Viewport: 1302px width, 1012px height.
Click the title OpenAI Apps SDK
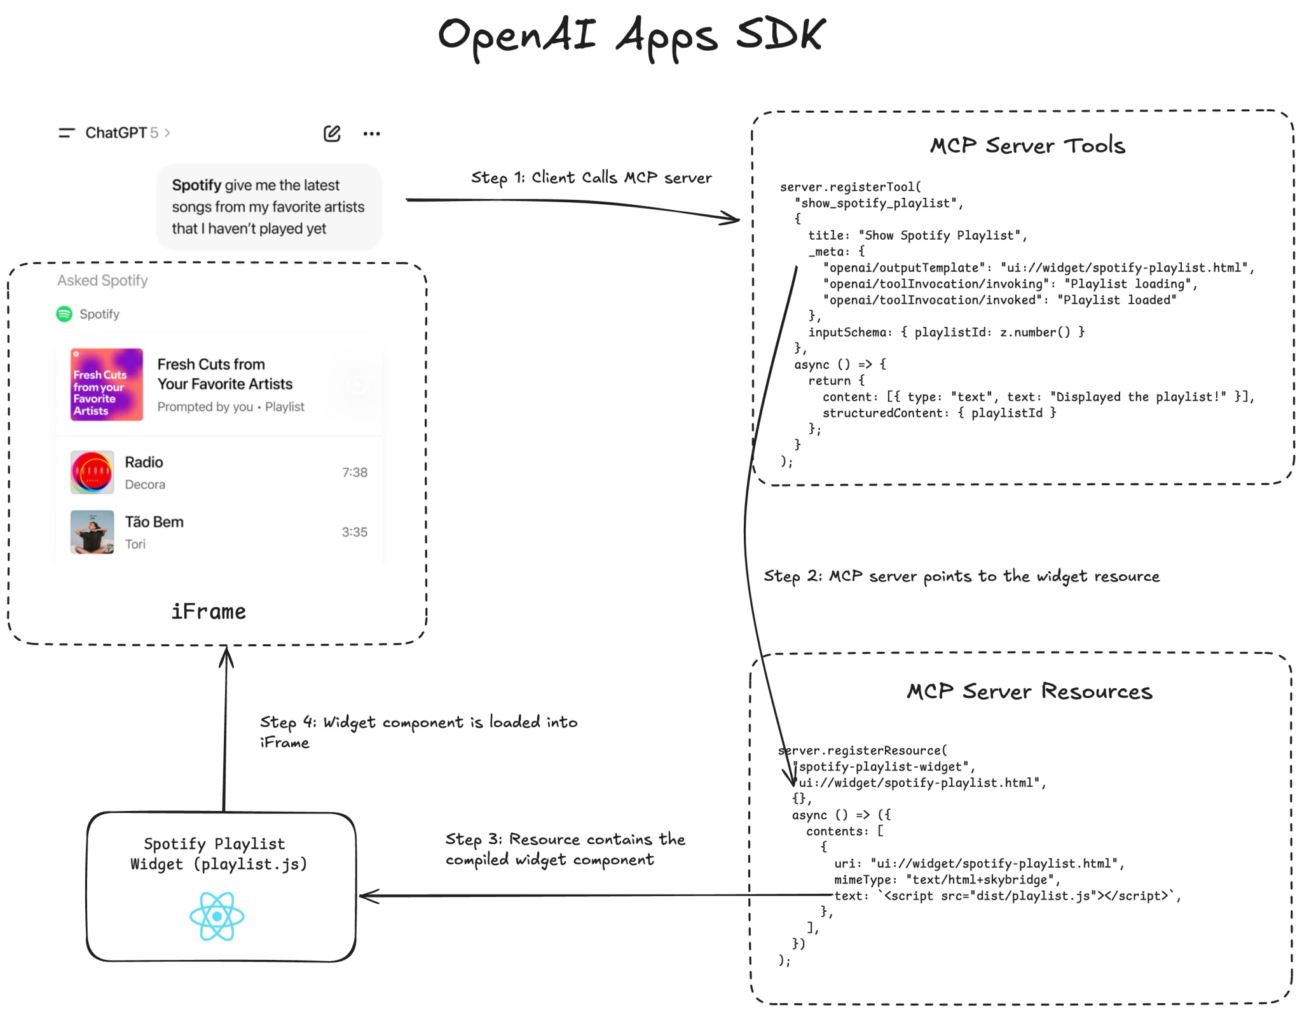pos(631,36)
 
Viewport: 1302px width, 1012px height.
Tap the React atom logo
pos(217,916)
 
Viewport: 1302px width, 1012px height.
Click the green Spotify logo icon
pos(64,314)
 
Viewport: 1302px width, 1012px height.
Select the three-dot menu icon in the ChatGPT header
pos(371,134)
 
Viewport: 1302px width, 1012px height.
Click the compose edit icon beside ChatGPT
pos(332,134)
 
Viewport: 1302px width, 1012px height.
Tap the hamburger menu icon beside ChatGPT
pos(67,133)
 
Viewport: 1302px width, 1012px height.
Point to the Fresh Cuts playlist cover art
pos(106,384)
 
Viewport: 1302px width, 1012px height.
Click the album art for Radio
pos(92,472)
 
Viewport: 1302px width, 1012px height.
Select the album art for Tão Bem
pos(92,532)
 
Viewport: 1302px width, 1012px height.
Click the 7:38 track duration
pos(355,472)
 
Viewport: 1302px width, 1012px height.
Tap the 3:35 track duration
pos(355,532)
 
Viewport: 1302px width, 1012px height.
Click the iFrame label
pos(209,611)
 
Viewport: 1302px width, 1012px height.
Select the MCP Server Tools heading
pos(1027,146)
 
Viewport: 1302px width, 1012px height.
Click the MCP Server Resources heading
pos(1029,691)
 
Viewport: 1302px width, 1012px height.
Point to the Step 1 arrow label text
pos(591,177)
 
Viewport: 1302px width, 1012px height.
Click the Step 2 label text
pos(961,576)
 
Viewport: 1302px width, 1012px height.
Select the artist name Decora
pos(145,485)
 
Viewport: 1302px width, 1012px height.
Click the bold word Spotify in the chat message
pos(196,185)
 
